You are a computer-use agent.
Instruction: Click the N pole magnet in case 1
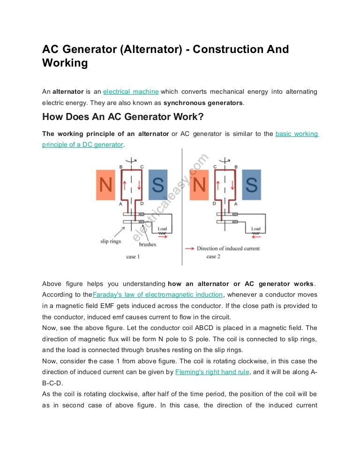[105, 186]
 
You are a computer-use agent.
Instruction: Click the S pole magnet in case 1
[158, 186]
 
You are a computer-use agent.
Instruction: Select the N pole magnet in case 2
[199, 186]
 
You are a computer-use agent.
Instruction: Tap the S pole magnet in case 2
[251, 186]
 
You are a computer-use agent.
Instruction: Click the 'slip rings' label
[110, 241]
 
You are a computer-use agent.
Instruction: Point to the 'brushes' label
[148, 244]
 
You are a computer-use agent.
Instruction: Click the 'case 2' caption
[213, 256]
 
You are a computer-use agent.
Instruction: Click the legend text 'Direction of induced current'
[228, 248]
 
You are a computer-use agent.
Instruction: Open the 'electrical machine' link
[131, 91]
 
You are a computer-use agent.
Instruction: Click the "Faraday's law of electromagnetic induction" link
[158, 294]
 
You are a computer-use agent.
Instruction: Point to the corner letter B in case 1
[121, 167]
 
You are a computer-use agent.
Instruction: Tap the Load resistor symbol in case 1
[162, 233]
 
